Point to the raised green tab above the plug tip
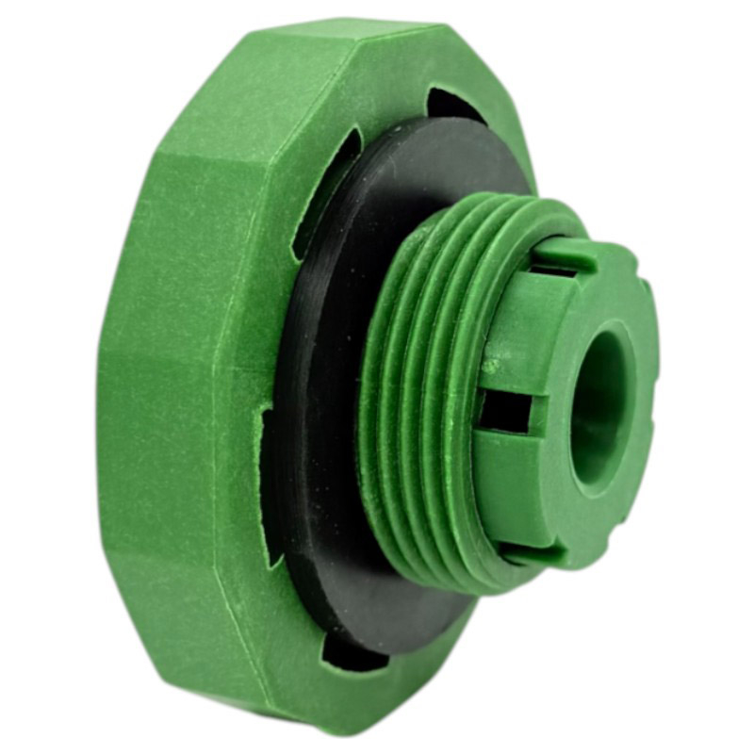(565, 253)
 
